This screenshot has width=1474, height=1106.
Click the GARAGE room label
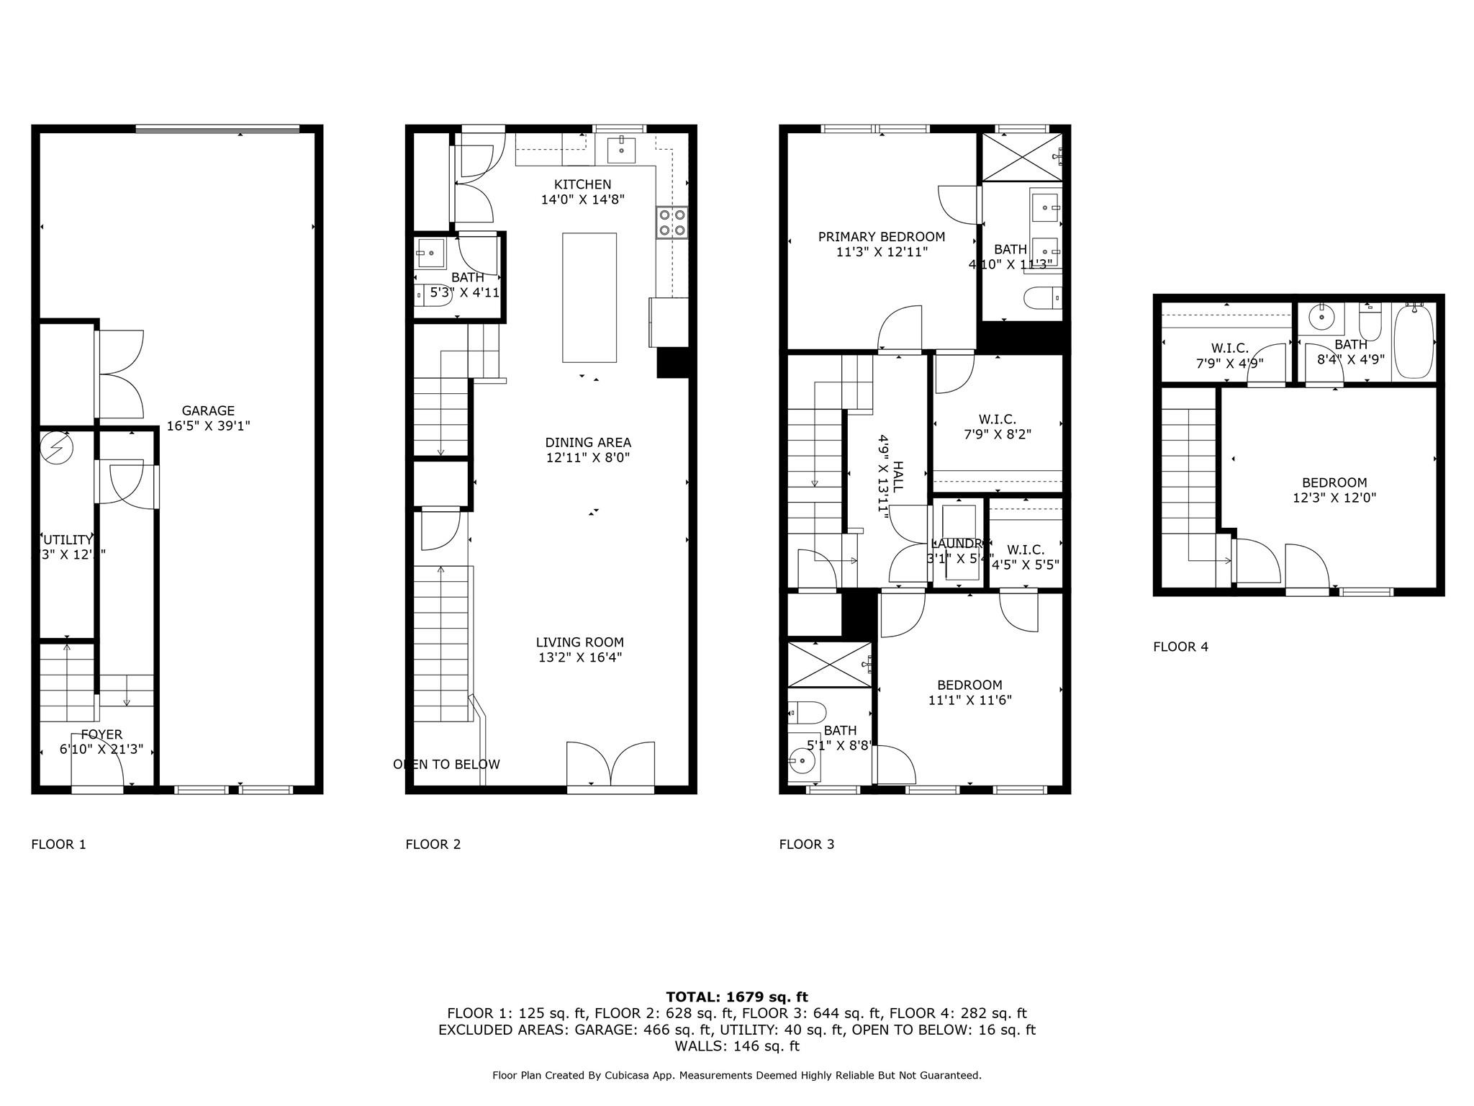pos(208,411)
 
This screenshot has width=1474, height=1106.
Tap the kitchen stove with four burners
pos(672,222)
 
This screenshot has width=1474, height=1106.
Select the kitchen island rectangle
pos(589,297)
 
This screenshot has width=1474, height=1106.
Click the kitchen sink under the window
pos(620,150)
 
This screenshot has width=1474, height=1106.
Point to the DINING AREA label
pos(587,443)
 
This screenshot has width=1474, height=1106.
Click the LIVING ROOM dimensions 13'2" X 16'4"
pos(580,657)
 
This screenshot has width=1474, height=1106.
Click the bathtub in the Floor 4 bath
pos(1414,342)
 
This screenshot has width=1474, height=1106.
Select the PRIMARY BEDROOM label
pos(881,237)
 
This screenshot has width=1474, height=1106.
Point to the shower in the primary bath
pos(1021,156)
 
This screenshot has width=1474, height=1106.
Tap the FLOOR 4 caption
pos(1180,647)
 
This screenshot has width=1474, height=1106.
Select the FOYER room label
pos(101,734)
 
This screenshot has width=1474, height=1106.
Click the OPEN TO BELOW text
pos(446,764)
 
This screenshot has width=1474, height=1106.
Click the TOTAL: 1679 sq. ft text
pos(736,997)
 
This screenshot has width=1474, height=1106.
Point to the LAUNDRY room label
pos(957,544)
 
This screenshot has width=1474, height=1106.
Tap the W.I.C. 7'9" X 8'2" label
pos(997,427)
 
